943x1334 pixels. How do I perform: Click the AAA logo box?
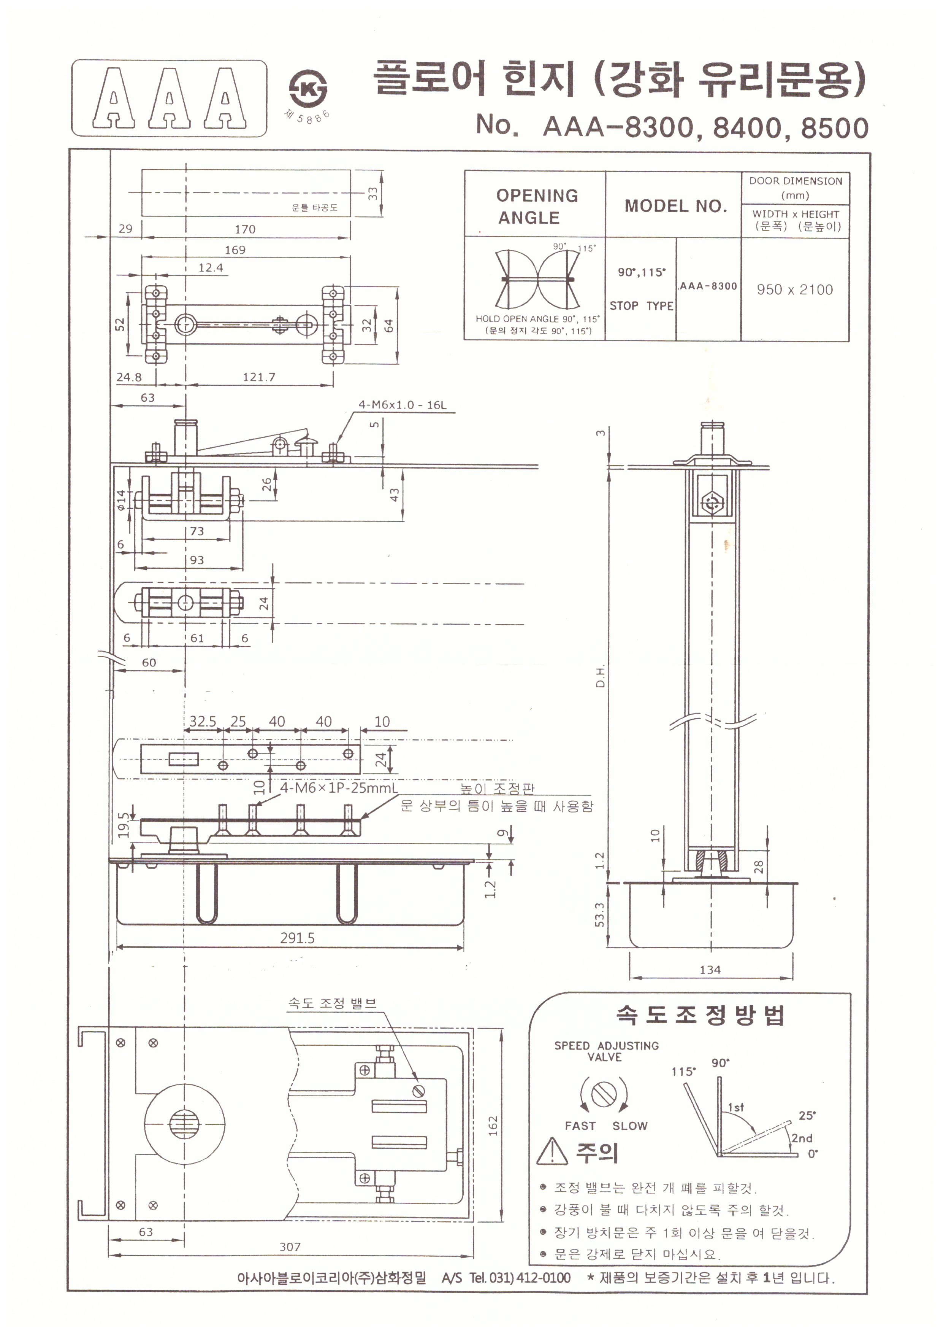(169, 98)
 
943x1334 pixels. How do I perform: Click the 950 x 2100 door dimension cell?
(794, 289)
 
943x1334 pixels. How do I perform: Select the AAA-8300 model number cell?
(708, 286)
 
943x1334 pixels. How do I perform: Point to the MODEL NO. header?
(675, 206)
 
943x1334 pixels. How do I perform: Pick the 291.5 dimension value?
(297, 938)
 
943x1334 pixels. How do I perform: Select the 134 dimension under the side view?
(710, 970)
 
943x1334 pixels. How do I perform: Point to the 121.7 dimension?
(259, 377)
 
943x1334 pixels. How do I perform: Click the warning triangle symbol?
(552, 1151)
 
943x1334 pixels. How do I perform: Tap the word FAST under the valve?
(580, 1126)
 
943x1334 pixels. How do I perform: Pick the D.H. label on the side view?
(601, 676)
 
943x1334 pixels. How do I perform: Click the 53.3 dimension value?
(600, 914)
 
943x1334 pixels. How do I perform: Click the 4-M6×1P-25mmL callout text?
(339, 788)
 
